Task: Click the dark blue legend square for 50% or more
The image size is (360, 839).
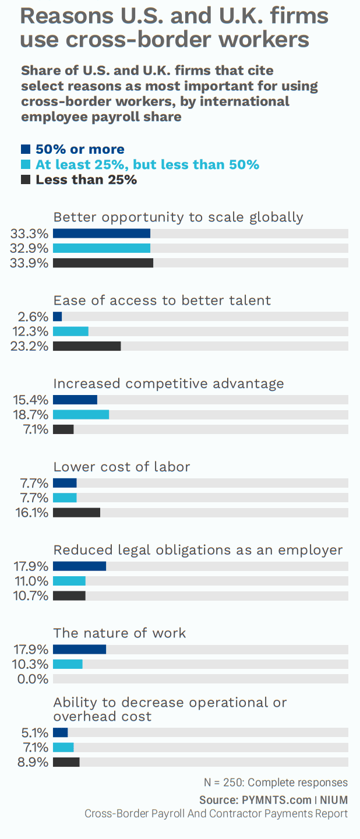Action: pyautogui.click(x=26, y=149)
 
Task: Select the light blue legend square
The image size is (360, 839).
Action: pyautogui.click(x=26, y=164)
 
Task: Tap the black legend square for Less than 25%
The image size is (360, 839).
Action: pyautogui.click(x=26, y=179)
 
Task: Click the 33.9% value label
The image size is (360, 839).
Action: pyautogui.click(x=29, y=263)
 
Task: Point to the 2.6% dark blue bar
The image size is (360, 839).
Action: pyautogui.click(x=57, y=316)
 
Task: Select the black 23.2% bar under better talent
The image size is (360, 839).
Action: pyautogui.click(x=87, y=346)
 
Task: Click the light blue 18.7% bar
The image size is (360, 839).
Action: pyautogui.click(x=81, y=414)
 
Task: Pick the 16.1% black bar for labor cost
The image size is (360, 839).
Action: pyautogui.click(x=76, y=513)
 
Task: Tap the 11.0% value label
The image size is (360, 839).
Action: pyautogui.click(x=29, y=581)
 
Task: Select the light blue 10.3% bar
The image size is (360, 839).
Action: pyautogui.click(x=68, y=664)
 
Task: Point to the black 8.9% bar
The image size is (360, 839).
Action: pyautogui.click(x=66, y=762)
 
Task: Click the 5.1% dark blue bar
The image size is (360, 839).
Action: pyautogui.click(x=60, y=732)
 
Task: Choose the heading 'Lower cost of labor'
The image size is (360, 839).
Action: pyautogui.click(x=122, y=467)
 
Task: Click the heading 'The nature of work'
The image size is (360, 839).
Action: pyautogui.click(x=119, y=633)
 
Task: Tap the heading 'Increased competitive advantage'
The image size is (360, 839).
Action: pyautogui.click(x=168, y=383)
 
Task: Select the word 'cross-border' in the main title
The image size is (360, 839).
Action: pyautogui.click(x=144, y=40)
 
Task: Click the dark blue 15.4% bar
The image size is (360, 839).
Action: pyautogui.click(x=75, y=400)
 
